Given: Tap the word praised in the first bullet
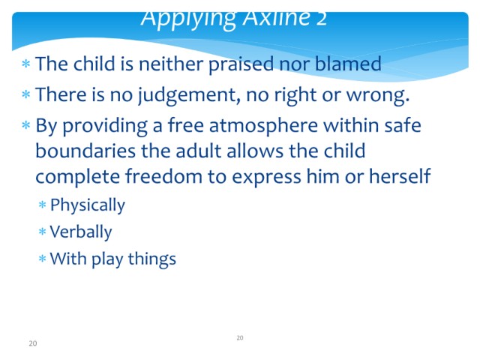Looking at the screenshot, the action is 241,64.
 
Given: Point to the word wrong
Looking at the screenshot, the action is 377,95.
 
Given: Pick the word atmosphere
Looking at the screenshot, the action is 263,125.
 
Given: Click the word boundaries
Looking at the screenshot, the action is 85,151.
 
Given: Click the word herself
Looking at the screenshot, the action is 400,176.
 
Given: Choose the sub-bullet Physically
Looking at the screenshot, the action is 88,205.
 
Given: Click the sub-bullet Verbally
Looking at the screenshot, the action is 81,232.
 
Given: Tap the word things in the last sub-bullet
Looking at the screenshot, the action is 151,259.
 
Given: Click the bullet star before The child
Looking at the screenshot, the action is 26,64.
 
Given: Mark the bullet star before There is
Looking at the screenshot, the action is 26,94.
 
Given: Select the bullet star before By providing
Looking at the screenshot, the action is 26,125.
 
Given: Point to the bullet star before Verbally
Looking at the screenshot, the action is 42,232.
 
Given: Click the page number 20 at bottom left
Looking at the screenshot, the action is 33,343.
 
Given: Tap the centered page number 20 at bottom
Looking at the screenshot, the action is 240,338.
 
